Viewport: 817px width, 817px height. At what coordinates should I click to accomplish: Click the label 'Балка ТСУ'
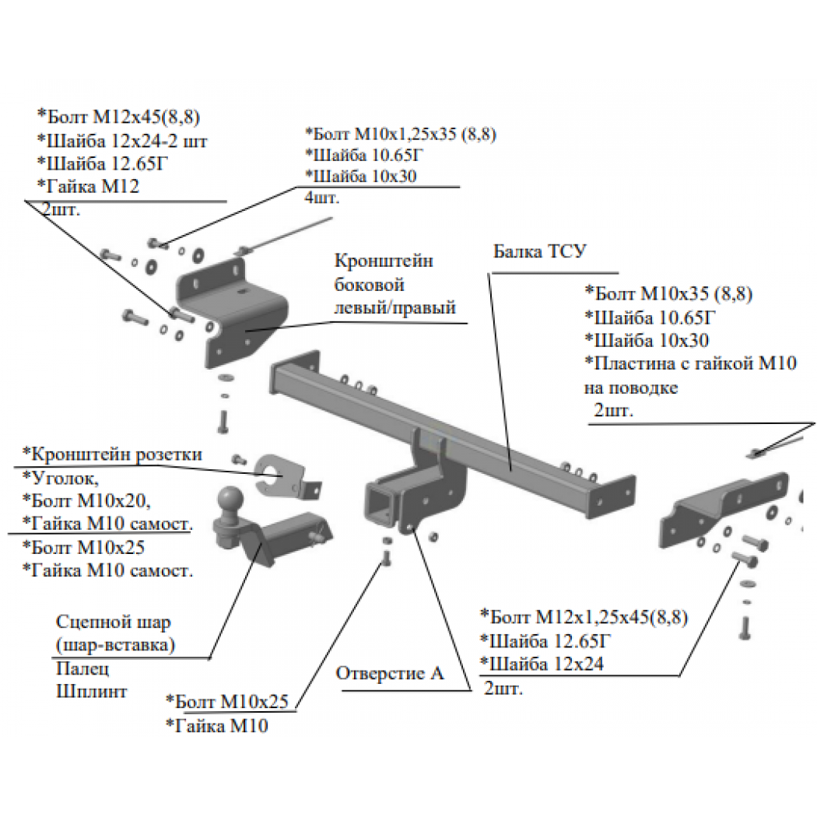(540, 251)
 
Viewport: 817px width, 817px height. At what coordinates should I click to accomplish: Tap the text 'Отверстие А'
(390, 673)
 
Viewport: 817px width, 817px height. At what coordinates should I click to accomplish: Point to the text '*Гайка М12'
(88, 187)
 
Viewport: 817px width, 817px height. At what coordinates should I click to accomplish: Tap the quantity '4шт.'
(321, 198)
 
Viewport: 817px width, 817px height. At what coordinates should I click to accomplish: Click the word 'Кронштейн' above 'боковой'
(384, 261)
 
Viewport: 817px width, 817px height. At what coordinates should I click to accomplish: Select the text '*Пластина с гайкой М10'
(690, 363)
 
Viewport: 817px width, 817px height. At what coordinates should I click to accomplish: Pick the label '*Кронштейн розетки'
(112, 454)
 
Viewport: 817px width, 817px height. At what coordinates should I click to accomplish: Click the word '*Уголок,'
(61, 478)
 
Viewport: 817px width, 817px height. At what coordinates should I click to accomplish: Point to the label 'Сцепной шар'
(113, 622)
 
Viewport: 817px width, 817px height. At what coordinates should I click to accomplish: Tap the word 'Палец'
(82, 668)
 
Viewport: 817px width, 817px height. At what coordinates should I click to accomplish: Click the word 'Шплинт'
(92, 692)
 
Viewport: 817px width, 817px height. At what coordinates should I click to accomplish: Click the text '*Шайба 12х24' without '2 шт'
(542, 664)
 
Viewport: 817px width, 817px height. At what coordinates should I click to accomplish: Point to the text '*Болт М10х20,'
(86, 501)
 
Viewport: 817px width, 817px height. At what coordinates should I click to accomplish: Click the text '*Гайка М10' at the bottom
(217, 726)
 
